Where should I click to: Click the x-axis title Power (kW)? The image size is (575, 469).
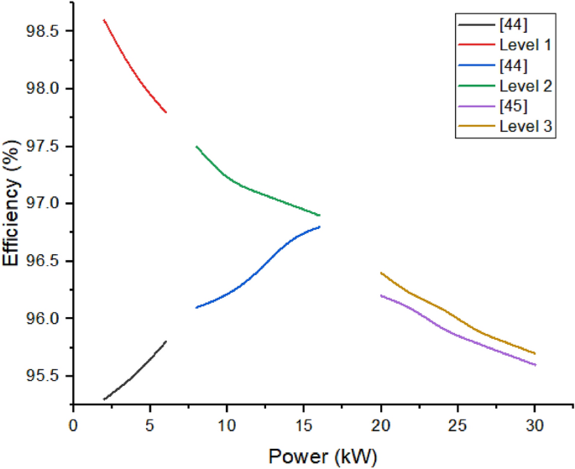322,456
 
